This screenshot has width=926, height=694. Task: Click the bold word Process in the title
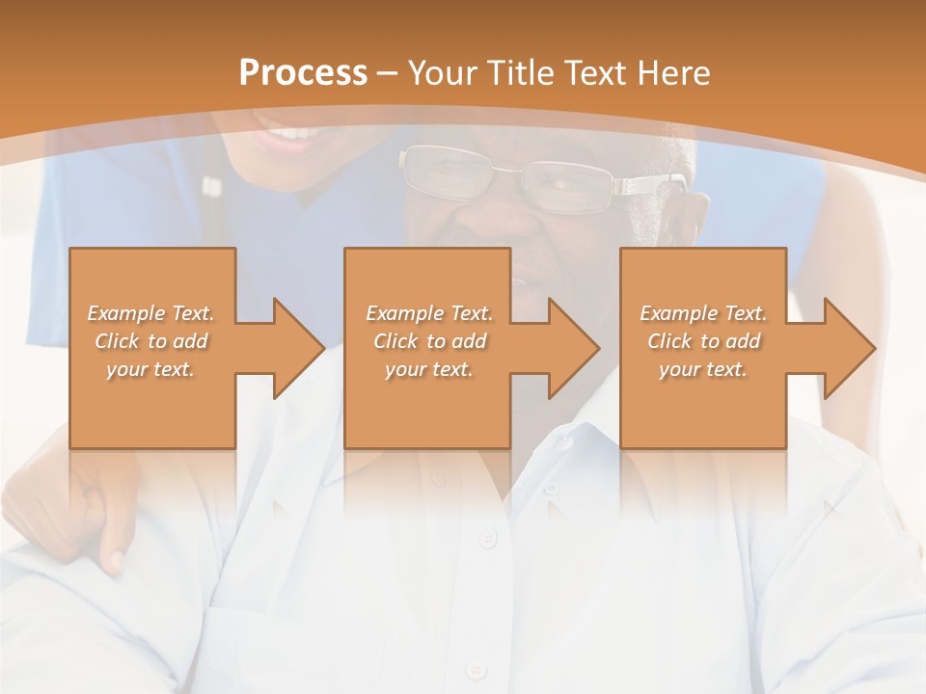point(303,72)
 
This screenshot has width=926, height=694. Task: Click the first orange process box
point(152,347)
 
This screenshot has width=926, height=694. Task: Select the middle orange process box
point(427,347)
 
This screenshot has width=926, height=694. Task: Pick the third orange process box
point(702,347)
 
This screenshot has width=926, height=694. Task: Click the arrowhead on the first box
point(297,348)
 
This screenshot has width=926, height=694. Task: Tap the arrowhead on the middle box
point(573,348)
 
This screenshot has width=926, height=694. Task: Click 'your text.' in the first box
point(150,368)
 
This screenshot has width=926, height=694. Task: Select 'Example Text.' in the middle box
point(429,313)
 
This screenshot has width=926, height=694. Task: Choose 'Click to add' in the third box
point(704,341)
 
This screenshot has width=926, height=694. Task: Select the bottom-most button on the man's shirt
point(475,668)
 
